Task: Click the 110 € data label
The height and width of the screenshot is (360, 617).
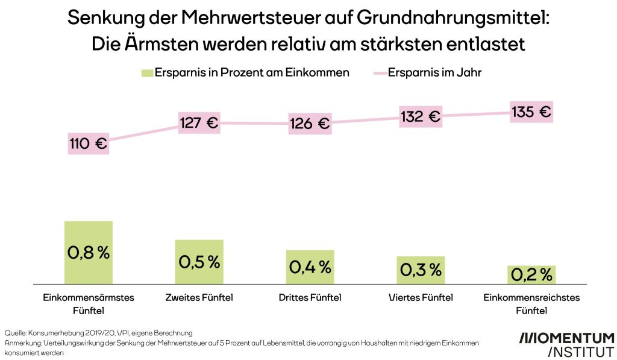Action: tap(88, 144)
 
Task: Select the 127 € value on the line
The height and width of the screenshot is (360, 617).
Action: tap(199, 123)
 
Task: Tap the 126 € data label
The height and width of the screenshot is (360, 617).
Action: tap(310, 124)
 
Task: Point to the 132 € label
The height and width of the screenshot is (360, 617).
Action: tap(420, 116)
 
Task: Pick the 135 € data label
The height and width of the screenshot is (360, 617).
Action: tap(531, 112)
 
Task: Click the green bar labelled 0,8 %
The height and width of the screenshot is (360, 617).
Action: tap(89, 252)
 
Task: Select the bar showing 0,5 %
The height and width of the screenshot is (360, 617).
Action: tap(199, 262)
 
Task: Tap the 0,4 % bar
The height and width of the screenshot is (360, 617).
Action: tap(310, 267)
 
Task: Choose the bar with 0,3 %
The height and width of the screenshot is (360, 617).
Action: tap(420, 270)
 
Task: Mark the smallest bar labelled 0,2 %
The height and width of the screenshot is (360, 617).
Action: tap(531, 274)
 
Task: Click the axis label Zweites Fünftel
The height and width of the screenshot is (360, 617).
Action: tap(199, 297)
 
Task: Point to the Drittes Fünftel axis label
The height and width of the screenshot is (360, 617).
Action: tap(310, 297)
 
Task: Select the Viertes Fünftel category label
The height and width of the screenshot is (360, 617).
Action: tap(420, 297)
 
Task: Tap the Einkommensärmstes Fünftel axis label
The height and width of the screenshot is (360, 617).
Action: tap(89, 304)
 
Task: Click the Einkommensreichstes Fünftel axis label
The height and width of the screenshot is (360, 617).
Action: tap(531, 304)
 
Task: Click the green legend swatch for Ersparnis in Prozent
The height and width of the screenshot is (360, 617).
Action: tap(146, 73)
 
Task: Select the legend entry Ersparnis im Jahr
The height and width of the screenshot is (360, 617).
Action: tap(434, 73)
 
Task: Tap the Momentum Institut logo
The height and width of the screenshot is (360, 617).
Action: tap(566, 344)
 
